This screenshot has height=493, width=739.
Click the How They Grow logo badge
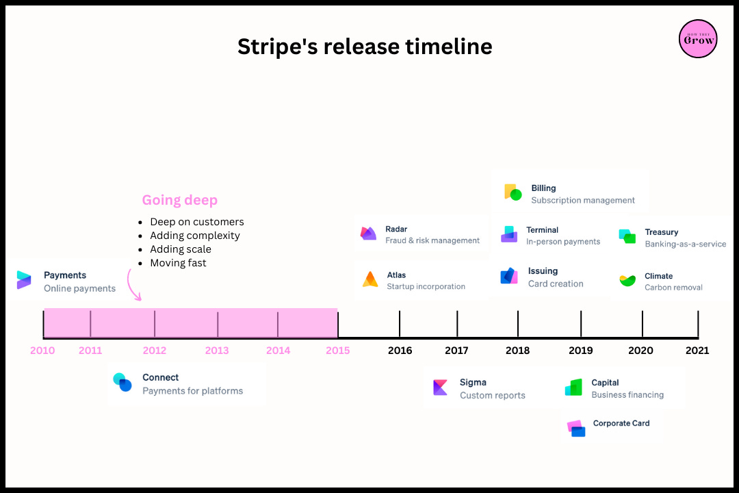(x=698, y=38)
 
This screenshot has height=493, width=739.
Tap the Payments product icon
(x=24, y=279)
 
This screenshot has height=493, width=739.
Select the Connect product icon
(x=122, y=383)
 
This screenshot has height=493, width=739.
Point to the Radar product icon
(x=368, y=233)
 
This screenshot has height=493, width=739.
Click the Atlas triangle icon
(x=370, y=279)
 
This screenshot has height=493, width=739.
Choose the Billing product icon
(x=513, y=192)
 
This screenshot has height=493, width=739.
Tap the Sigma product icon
(x=440, y=388)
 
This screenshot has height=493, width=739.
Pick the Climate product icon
(x=627, y=280)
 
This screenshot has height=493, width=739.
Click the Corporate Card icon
(x=576, y=428)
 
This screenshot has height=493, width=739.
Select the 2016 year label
(x=400, y=351)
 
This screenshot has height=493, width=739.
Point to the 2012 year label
(x=155, y=351)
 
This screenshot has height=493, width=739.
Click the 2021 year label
(x=697, y=351)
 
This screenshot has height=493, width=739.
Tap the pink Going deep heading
(x=180, y=200)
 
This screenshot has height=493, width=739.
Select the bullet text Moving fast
(x=178, y=263)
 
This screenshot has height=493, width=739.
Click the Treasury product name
(x=661, y=232)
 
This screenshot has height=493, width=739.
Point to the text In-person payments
(x=563, y=242)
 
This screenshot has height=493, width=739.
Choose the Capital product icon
(x=573, y=388)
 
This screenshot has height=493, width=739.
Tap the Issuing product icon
(x=508, y=276)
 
